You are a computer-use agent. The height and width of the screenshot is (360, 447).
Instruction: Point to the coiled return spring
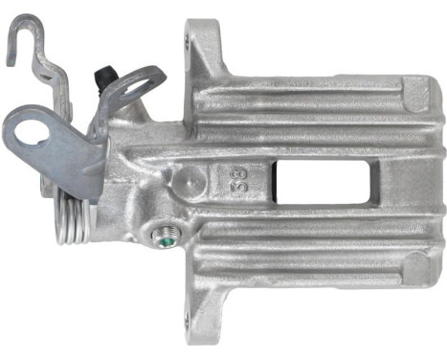(x=74, y=218)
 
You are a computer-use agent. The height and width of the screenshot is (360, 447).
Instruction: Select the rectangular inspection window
(x=306, y=180)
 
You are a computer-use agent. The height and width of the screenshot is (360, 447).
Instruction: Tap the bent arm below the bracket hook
(x=45, y=72)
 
